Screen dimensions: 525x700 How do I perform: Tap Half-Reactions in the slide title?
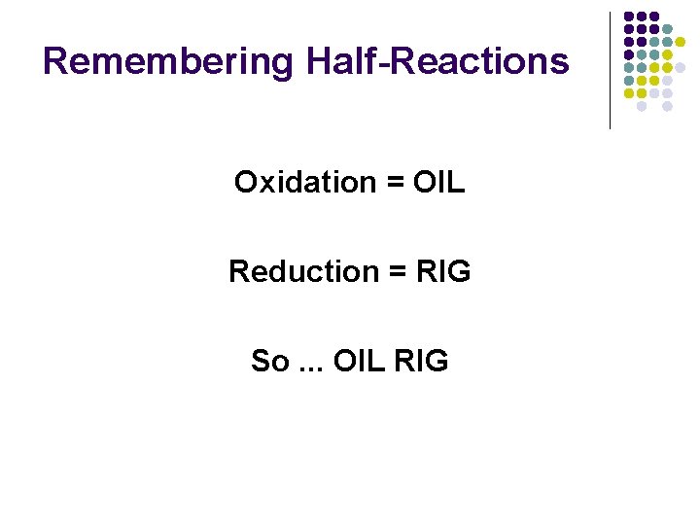[x=437, y=61]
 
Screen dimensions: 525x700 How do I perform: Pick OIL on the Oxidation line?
[x=438, y=182]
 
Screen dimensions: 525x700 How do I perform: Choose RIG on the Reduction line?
[x=442, y=271]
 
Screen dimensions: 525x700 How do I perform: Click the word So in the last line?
[x=269, y=362]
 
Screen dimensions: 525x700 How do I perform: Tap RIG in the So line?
[x=421, y=362]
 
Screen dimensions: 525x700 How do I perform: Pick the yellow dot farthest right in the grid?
[x=681, y=42]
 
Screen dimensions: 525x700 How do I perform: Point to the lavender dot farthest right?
[x=681, y=68]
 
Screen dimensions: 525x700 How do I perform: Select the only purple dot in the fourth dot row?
[x=629, y=55]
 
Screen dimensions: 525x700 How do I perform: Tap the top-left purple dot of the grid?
[x=629, y=17]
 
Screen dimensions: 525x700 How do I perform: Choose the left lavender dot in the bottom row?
[x=642, y=107]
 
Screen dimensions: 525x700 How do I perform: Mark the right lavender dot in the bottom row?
[x=668, y=107]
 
